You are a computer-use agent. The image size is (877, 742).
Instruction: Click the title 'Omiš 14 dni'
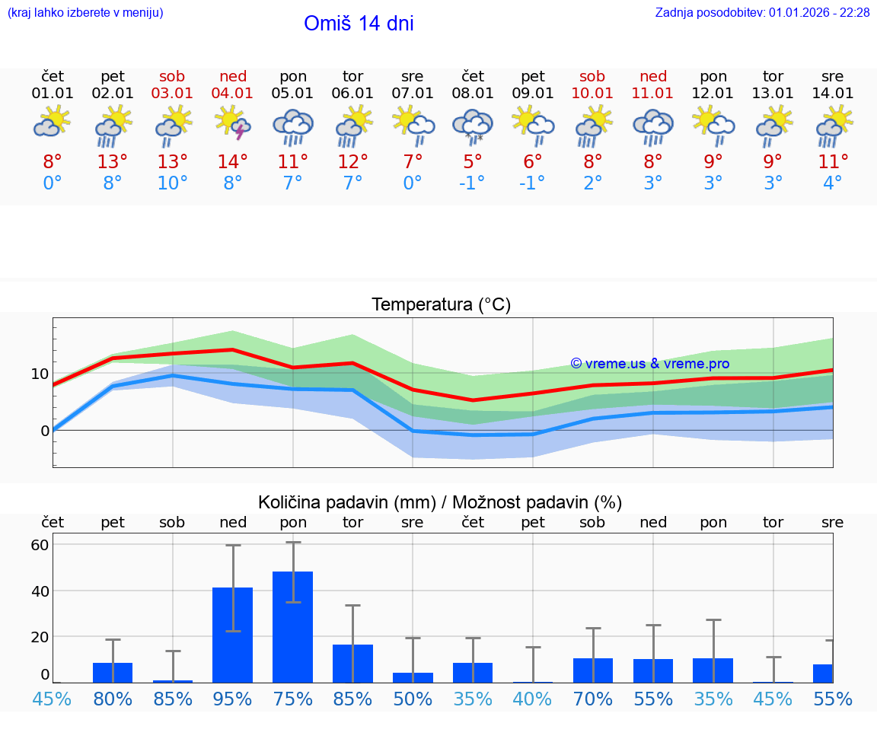pyautogui.click(x=359, y=24)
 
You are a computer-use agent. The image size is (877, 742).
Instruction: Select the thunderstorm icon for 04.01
pyautogui.click(x=233, y=123)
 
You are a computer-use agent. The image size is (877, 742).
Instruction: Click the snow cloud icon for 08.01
pyautogui.click(x=473, y=126)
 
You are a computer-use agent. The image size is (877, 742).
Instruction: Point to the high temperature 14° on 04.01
pyautogui.click(x=233, y=162)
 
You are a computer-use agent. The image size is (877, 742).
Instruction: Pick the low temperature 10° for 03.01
pyautogui.click(x=173, y=183)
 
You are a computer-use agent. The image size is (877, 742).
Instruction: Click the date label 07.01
pyautogui.click(x=413, y=94)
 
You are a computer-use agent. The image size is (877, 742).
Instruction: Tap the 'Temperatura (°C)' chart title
pyautogui.click(x=441, y=305)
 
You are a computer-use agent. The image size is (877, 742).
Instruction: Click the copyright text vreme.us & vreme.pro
pyautogui.click(x=649, y=364)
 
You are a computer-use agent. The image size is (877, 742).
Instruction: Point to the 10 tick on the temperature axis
pyautogui.click(x=40, y=374)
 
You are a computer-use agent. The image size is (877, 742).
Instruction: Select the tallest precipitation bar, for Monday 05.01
pyautogui.click(x=293, y=626)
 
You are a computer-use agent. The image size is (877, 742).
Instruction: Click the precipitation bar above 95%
pyautogui.click(x=233, y=635)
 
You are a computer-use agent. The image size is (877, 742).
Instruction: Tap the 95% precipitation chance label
pyautogui.click(x=233, y=699)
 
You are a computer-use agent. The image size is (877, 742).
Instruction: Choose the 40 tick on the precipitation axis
pyautogui.click(x=40, y=591)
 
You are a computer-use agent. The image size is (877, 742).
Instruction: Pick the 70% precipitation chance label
pyautogui.click(x=593, y=699)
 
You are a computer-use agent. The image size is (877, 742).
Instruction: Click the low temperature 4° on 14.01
pyautogui.click(x=833, y=183)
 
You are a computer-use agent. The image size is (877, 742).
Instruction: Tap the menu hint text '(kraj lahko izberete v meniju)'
pyautogui.click(x=85, y=13)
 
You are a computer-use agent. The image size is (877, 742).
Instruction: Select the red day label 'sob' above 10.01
pyautogui.click(x=592, y=77)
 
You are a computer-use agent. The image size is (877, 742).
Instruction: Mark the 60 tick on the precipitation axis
pyautogui.click(x=40, y=545)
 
